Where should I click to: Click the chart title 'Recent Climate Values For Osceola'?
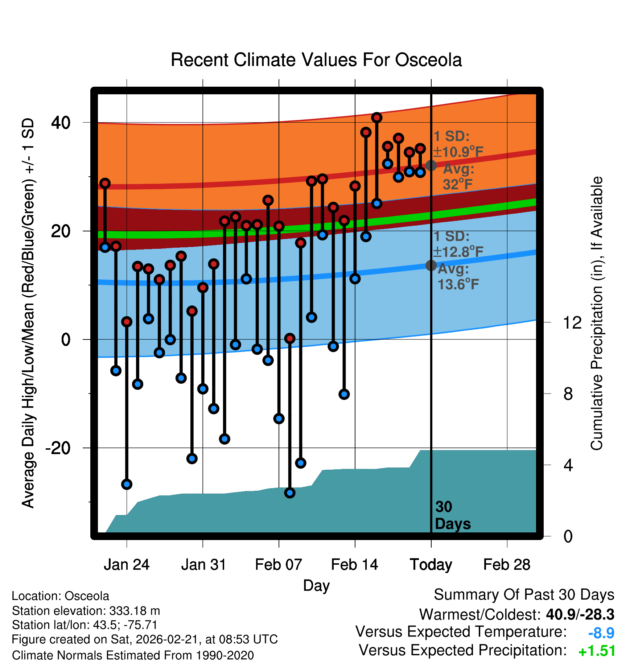click(x=316, y=60)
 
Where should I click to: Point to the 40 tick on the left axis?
click(x=61, y=123)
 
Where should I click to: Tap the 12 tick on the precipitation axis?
click(x=572, y=322)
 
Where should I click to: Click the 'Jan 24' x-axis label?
click(x=127, y=565)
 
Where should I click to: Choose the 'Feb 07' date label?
click(x=279, y=565)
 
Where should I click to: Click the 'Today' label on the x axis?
click(x=431, y=565)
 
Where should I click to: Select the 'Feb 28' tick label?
click(x=507, y=565)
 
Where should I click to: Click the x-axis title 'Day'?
click(x=316, y=585)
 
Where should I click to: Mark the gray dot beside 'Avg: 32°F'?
click(x=431, y=165)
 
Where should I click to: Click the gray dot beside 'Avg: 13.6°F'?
click(x=431, y=265)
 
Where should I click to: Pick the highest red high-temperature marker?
click(x=377, y=118)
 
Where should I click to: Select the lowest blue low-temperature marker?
click(x=290, y=493)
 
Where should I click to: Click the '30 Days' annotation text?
click(x=452, y=515)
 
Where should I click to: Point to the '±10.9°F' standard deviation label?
click(x=458, y=152)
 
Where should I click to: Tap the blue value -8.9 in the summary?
click(x=601, y=633)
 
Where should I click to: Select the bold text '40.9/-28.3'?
click(x=580, y=614)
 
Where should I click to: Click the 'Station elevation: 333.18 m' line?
click(x=86, y=611)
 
